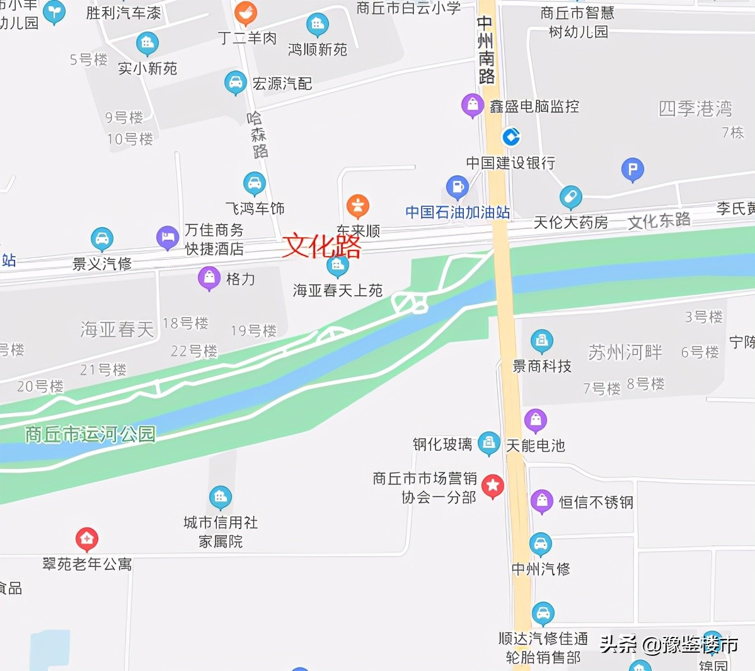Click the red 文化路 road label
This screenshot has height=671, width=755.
tap(321, 246)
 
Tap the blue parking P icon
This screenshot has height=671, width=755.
tap(632, 169)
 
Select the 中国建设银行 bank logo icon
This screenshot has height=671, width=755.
tap(510, 136)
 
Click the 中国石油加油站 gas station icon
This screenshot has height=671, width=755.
tap(457, 187)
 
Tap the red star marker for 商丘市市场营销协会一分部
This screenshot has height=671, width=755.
tap(493, 486)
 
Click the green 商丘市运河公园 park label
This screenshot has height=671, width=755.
tap(90, 434)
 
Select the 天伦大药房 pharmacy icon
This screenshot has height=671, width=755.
tap(570, 197)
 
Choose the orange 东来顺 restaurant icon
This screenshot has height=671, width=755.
tap(357, 206)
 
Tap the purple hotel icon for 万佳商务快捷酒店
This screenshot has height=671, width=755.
tap(167, 237)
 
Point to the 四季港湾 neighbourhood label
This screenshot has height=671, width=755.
tap(695, 108)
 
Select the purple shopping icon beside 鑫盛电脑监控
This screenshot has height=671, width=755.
tap(472, 105)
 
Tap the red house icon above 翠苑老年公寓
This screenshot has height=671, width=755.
tap(87, 539)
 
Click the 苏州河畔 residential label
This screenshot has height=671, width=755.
tap(625, 352)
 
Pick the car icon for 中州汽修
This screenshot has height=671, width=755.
tap(540, 544)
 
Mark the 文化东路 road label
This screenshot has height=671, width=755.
tap(659, 221)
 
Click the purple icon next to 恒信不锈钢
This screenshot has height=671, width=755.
tap(541, 501)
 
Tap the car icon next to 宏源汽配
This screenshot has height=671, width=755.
tap(235, 83)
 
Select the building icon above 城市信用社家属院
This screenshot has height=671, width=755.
tap(220, 498)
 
